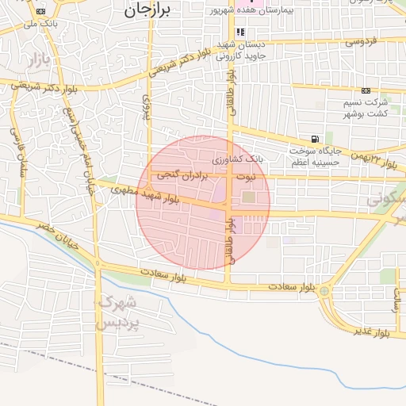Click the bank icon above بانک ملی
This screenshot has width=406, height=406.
[x=41, y=11]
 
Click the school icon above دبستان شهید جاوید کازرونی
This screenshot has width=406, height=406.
[x=229, y=32]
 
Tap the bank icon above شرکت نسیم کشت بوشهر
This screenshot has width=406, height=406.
[x=366, y=90]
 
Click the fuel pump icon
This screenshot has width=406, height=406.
[x=316, y=140]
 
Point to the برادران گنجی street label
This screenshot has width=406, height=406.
[x=182, y=173]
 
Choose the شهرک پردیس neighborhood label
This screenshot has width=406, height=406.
[x=117, y=313]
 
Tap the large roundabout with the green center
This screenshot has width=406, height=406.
[x=324, y=292]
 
